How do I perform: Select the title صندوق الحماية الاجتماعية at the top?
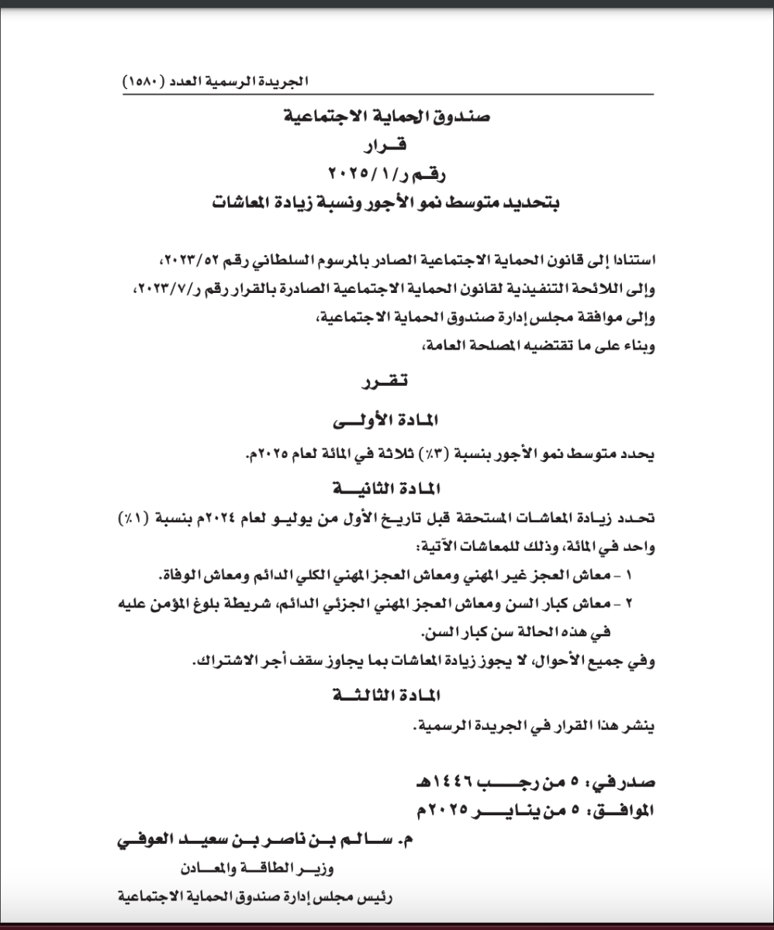click(x=387, y=118)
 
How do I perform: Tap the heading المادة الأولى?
click(x=385, y=420)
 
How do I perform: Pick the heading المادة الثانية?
click(x=385, y=489)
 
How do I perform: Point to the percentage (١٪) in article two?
click(x=134, y=518)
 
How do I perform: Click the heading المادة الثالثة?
click(x=385, y=695)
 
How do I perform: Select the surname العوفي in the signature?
click(x=147, y=840)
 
